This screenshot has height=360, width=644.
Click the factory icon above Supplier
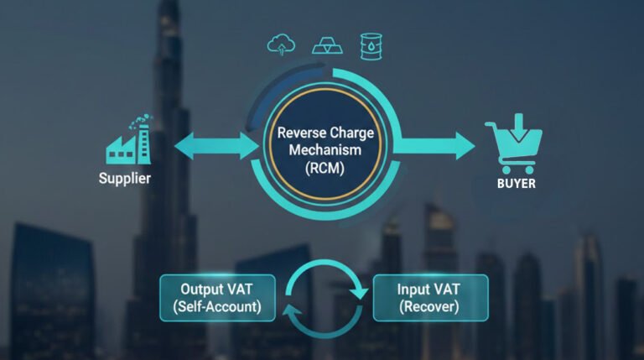tap(127, 143)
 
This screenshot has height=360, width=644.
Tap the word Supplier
tap(125, 178)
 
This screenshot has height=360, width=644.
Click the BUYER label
tap(515, 182)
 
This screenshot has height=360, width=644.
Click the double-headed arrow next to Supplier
tap(217, 146)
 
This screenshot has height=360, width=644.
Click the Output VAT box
tap(218, 297)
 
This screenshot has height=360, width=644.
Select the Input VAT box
tap(429, 297)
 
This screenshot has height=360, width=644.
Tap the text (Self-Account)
tap(218, 307)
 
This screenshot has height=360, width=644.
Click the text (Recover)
tap(428, 307)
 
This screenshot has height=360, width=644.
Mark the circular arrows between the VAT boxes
tap(324, 298)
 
